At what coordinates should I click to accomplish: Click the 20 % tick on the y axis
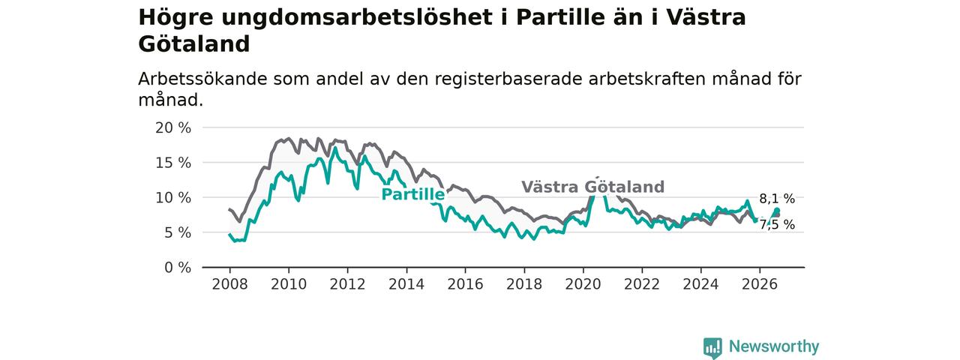coord(173,127)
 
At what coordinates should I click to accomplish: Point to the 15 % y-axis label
coord(173,163)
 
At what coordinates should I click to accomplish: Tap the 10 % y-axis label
coord(173,198)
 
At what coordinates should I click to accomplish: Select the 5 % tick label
coord(178,232)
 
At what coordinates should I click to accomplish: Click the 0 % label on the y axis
coord(178,268)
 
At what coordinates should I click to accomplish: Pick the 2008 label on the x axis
coord(229,284)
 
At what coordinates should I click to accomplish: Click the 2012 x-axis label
coord(347,284)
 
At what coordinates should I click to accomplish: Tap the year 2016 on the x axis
coord(466,284)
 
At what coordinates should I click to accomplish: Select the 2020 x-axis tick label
coord(583,284)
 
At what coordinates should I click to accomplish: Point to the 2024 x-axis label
coord(700,284)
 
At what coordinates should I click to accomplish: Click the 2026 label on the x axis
coord(760,284)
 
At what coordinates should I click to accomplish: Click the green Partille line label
coord(413,194)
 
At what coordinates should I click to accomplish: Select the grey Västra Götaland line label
coord(592,187)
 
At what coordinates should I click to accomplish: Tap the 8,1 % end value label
coord(777,199)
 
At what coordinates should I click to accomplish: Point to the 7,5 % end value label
coord(777,224)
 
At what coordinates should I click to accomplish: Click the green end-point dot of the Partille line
coord(776,211)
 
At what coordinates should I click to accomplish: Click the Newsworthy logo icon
coord(712,347)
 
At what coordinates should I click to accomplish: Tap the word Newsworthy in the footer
coord(774,346)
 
